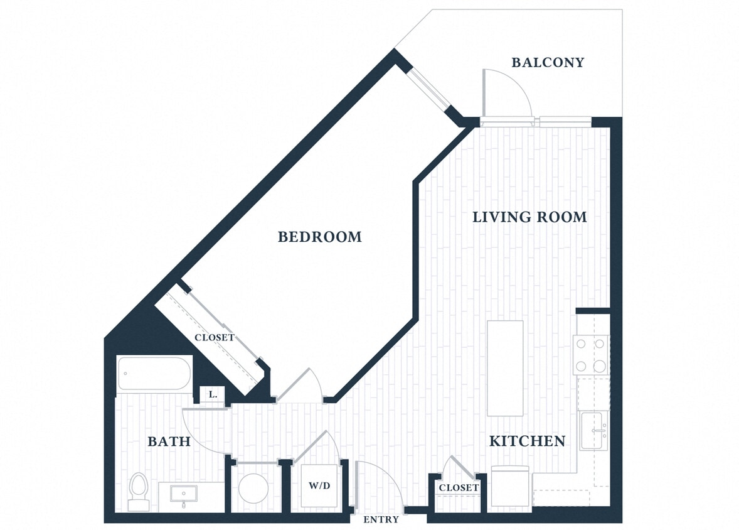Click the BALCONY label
[548, 62]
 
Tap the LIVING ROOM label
[529, 217]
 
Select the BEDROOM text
[319, 237]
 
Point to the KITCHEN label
[527, 441]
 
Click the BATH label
[169, 441]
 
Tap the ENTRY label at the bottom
[381, 519]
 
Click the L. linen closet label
[213, 395]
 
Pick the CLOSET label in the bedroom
[214, 337]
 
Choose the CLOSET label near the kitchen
[459, 487]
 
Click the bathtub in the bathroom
[154, 374]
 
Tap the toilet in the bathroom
[138, 491]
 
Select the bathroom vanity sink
[184, 494]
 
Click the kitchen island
[505, 368]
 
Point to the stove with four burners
[591, 355]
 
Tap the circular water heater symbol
[255, 487]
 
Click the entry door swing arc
[381, 484]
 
